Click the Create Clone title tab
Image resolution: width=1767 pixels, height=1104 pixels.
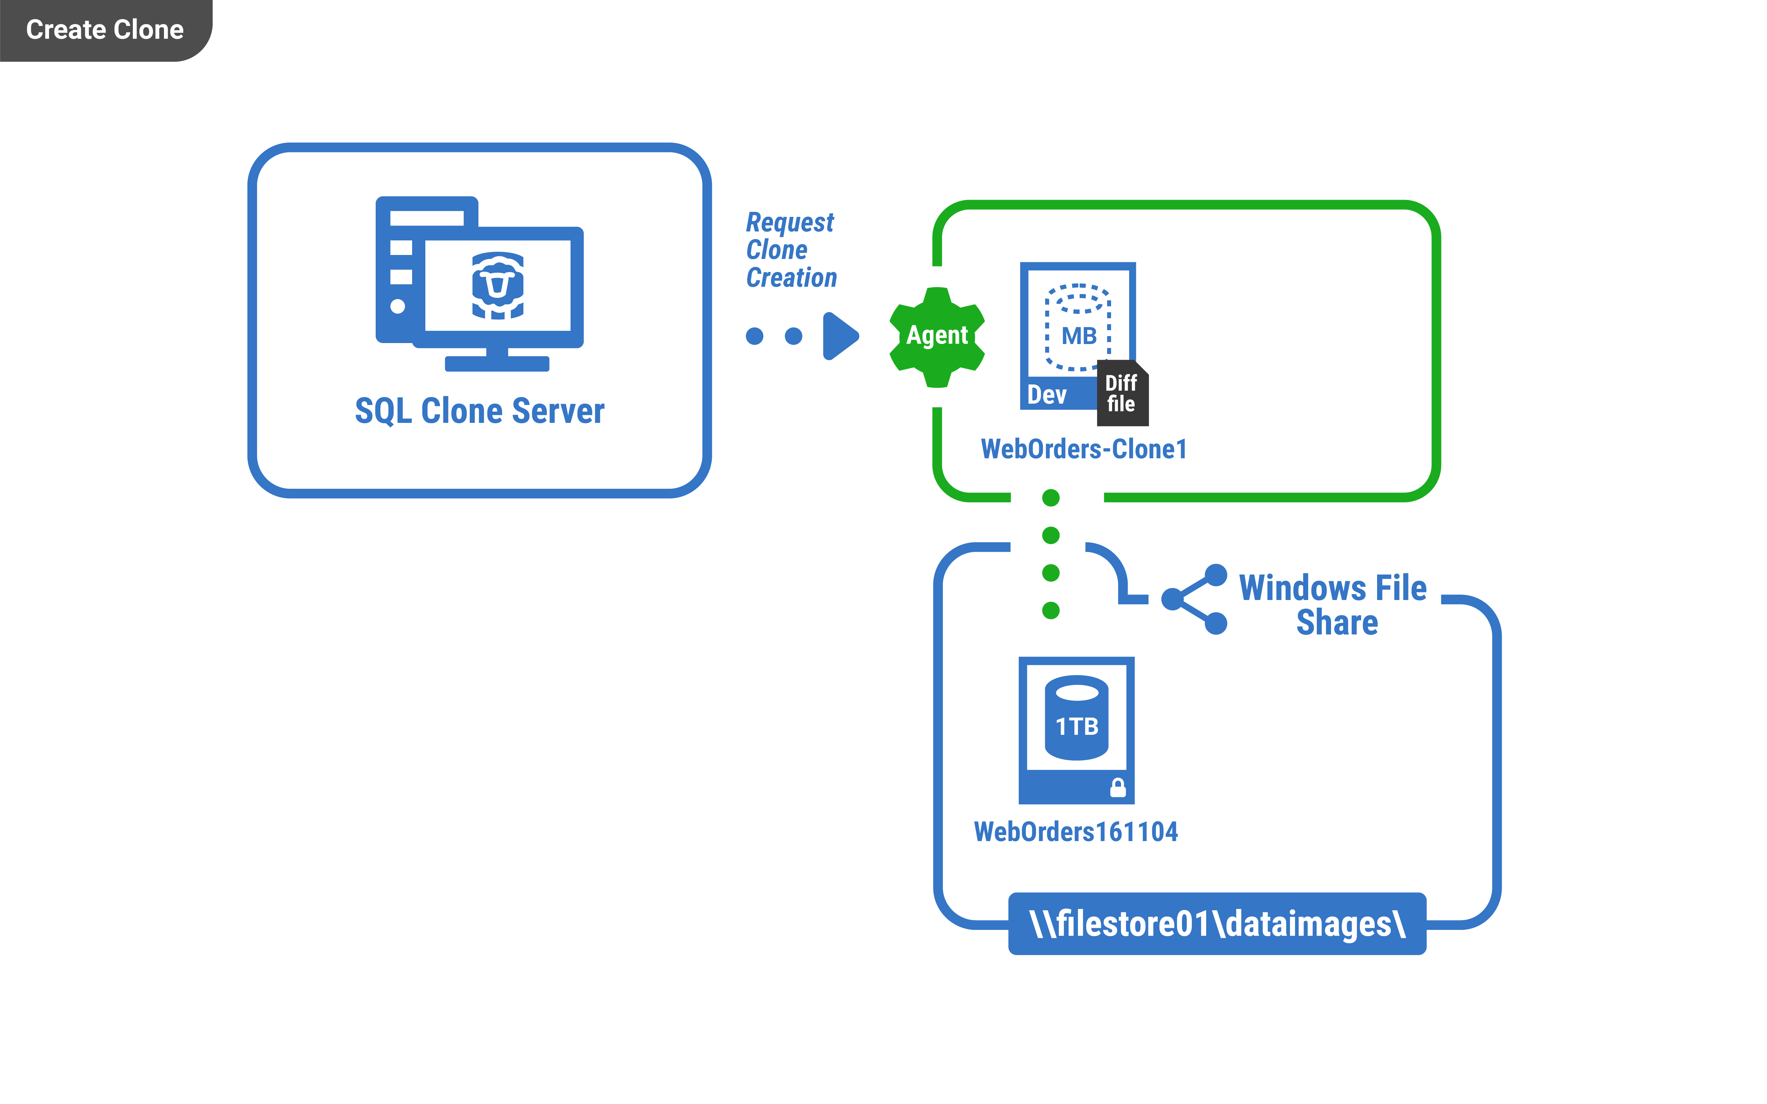[104, 30]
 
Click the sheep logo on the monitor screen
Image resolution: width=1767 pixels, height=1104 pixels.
[498, 285]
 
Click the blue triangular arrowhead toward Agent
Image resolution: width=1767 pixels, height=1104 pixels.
[840, 336]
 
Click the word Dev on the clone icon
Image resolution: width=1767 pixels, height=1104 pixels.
[1047, 395]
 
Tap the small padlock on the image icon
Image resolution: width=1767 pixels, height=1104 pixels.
[1118, 787]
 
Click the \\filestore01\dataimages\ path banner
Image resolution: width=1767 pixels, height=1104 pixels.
[1217, 924]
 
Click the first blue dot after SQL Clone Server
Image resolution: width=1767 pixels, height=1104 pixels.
[755, 336]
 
